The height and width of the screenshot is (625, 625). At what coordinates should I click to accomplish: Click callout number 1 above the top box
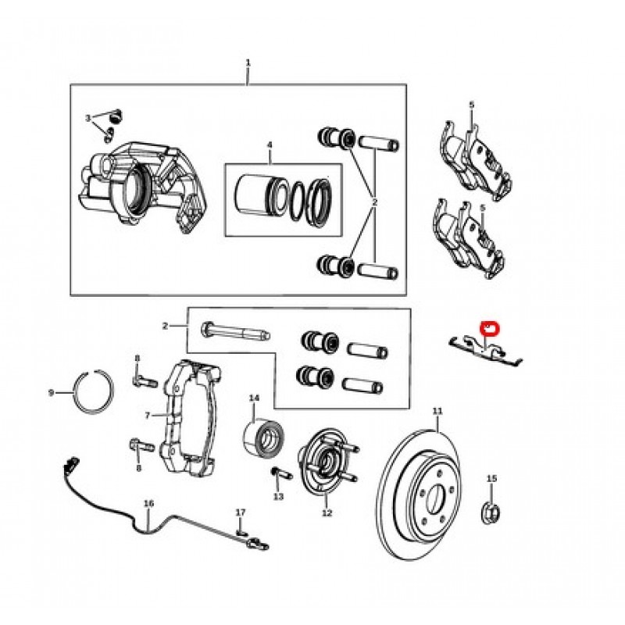[x=248, y=62]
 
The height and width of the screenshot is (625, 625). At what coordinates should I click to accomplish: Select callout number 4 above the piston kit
[x=269, y=145]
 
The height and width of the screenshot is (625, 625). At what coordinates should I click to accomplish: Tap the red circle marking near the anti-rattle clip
[x=490, y=327]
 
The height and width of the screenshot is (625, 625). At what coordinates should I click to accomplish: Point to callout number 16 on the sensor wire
[x=148, y=505]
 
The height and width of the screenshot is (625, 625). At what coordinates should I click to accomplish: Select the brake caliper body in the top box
[x=145, y=184]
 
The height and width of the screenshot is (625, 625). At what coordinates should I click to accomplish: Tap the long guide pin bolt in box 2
[x=234, y=332]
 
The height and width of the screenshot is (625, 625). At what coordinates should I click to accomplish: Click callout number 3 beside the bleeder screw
[x=89, y=118]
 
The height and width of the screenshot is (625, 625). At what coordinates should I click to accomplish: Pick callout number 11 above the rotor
[x=437, y=411]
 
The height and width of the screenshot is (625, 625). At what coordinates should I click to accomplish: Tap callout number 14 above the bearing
[x=254, y=399]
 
